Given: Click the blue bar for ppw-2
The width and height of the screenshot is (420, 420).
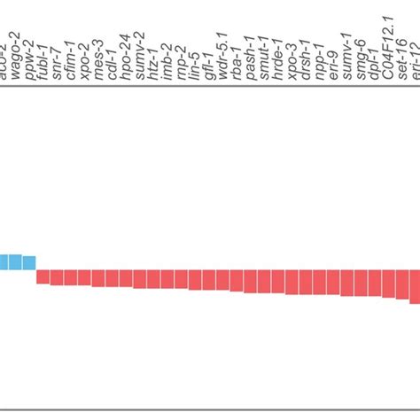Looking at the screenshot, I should (x=29, y=261).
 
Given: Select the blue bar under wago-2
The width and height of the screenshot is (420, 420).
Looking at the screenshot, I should (x=15, y=261).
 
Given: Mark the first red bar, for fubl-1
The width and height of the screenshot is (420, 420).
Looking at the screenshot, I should (x=43, y=276).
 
